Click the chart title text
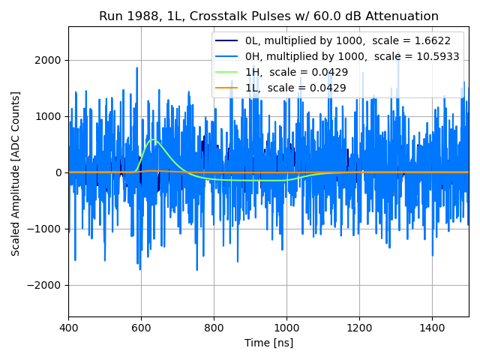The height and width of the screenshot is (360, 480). pos(268,16)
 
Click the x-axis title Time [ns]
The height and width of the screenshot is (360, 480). pos(268,343)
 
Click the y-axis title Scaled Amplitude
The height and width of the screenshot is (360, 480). pos(16,173)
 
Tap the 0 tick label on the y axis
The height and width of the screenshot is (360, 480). pos(58,172)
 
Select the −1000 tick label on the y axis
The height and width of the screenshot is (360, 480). pos(45,229)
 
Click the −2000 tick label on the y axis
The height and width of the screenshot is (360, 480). pos(45,285)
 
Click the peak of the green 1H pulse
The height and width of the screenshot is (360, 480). pos(154,139)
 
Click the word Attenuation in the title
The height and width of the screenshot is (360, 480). pos(401,16)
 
